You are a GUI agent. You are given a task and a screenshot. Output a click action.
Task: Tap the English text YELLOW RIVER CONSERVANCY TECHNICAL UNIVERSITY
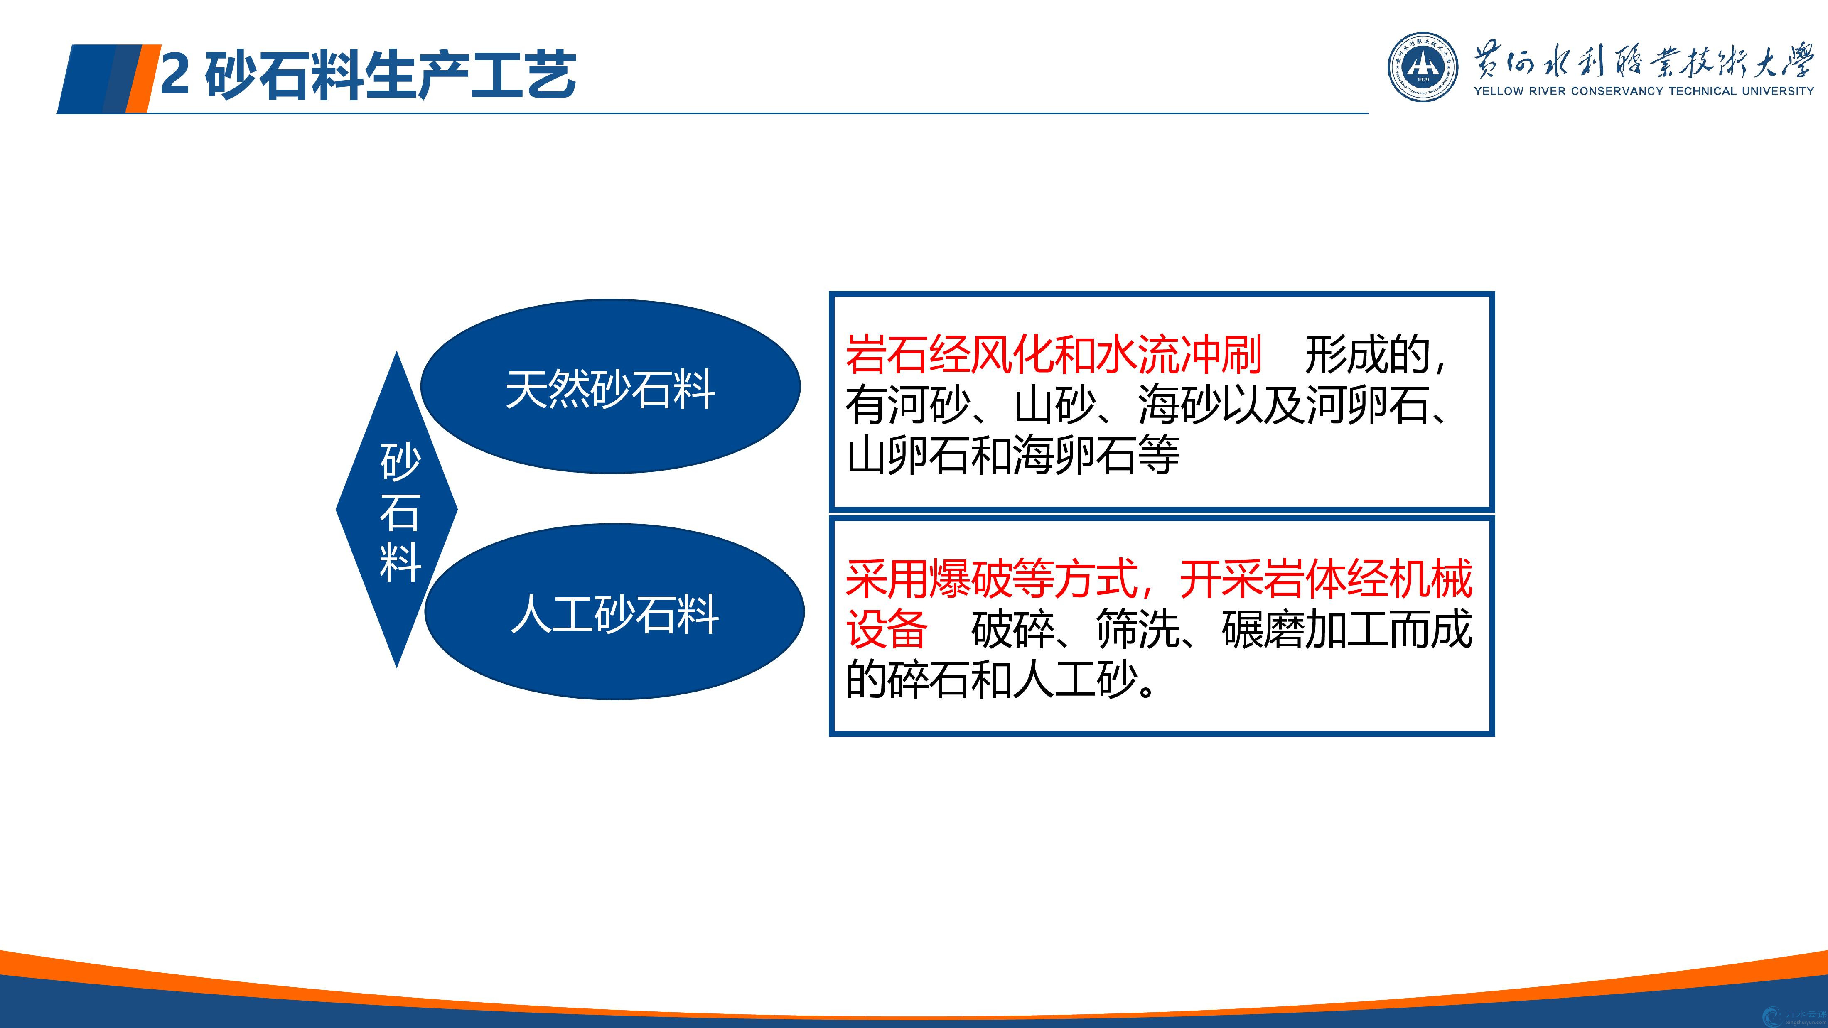click(1644, 91)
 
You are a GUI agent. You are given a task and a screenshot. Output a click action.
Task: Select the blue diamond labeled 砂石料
click(397, 509)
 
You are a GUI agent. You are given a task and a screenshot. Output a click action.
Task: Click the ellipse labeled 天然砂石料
click(610, 387)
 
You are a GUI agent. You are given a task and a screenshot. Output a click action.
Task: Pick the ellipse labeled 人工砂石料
click(614, 611)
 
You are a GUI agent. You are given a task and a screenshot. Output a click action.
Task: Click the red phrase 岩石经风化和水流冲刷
click(1054, 355)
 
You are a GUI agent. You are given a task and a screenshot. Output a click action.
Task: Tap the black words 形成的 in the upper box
click(1367, 355)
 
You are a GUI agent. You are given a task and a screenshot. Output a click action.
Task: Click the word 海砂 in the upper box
click(1179, 405)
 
